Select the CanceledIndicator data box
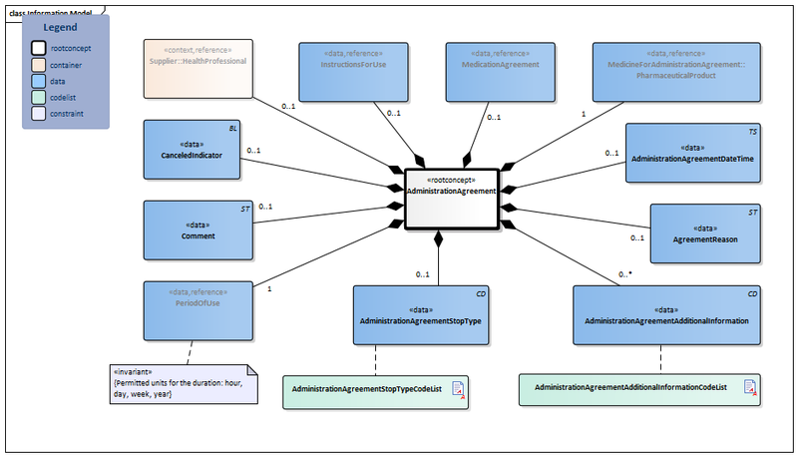coord(191,149)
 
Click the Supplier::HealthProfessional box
coord(198,69)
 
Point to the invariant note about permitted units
coord(183,383)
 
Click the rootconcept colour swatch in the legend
coord(37,47)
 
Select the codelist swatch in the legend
coord(37,98)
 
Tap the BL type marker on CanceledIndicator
coord(232,130)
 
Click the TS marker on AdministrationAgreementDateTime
coord(754,131)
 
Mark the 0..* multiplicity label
coord(624,273)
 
